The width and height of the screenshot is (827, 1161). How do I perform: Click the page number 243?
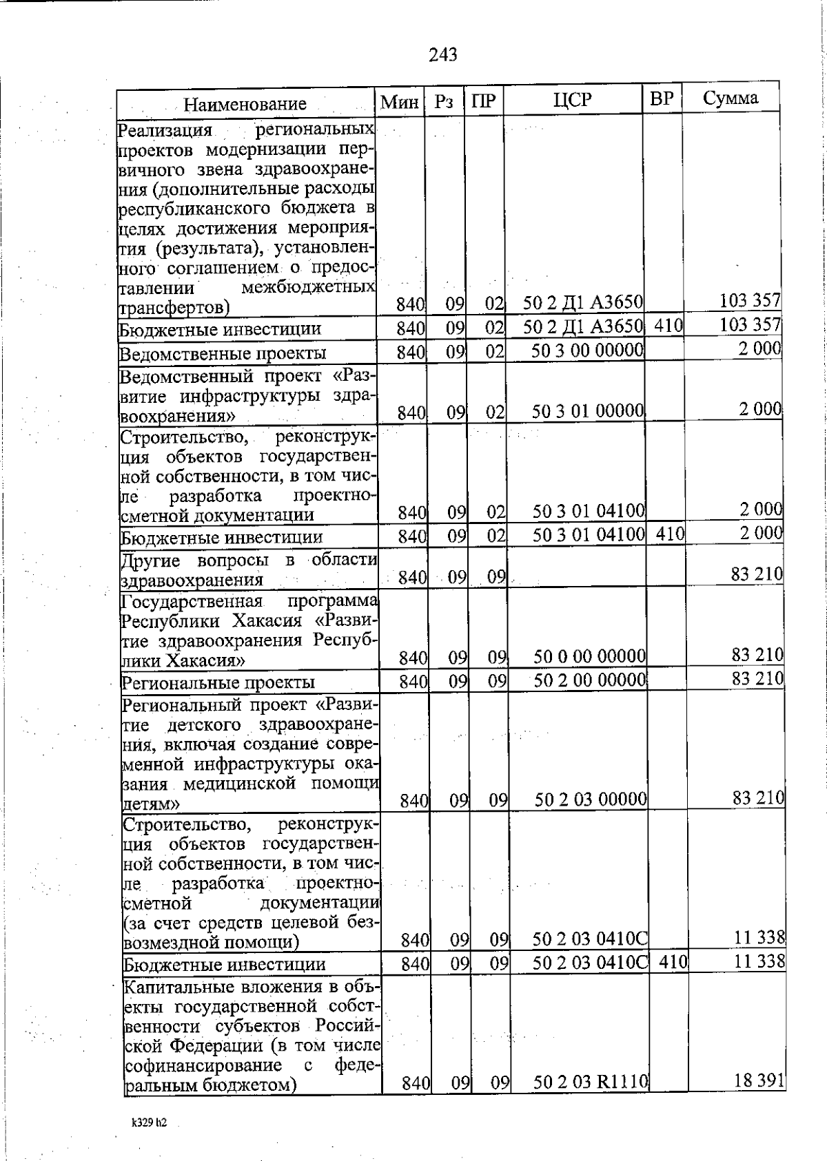click(442, 54)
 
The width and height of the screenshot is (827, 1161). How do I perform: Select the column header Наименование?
click(245, 104)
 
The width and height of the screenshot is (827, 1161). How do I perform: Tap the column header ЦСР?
click(572, 100)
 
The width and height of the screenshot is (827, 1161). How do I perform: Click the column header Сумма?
click(731, 98)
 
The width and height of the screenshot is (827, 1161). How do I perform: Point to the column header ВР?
click(662, 98)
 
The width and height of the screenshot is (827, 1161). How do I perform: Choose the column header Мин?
click(400, 103)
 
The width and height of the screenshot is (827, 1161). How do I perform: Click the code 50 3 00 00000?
click(588, 351)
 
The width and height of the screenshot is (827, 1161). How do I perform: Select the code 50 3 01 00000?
click(588, 412)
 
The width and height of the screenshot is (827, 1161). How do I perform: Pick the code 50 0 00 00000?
click(590, 656)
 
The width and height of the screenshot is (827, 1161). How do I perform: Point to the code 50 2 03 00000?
click(591, 799)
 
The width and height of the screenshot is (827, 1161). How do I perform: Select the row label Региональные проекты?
click(218, 682)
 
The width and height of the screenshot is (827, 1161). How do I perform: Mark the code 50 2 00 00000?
click(590, 680)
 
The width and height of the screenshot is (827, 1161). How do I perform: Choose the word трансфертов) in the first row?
click(175, 306)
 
